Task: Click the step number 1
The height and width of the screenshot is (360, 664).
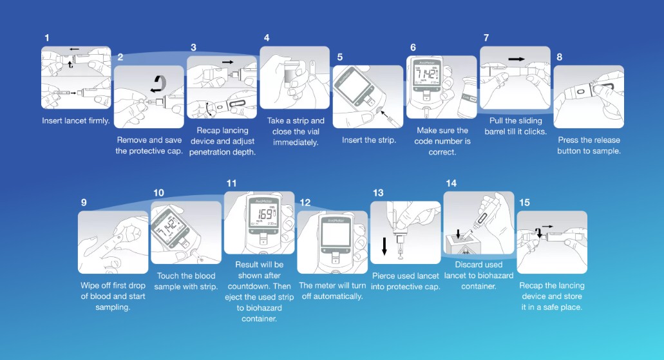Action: tap(46, 38)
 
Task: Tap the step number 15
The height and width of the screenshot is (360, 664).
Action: tap(524, 202)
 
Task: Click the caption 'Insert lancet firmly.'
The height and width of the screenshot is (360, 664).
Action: tap(76, 120)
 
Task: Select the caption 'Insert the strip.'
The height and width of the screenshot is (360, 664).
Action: tap(369, 140)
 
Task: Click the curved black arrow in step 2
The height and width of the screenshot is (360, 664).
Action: tap(158, 84)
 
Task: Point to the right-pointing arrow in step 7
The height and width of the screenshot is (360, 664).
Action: tap(517, 59)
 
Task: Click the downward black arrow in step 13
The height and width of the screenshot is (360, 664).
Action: tap(384, 246)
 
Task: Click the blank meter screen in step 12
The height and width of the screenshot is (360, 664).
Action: tap(336, 234)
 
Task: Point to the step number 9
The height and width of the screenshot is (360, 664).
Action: tap(84, 202)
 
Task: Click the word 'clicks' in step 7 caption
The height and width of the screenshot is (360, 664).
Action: tap(535, 132)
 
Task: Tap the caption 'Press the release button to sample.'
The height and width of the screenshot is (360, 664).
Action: tap(589, 146)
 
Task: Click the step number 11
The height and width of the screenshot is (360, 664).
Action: tap(231, 184)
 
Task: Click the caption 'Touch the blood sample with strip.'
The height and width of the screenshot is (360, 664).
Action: tap(186, 281)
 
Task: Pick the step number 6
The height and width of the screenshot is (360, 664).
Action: tap(413, 48)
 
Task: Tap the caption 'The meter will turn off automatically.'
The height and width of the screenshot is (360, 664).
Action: tap(332, 291)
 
